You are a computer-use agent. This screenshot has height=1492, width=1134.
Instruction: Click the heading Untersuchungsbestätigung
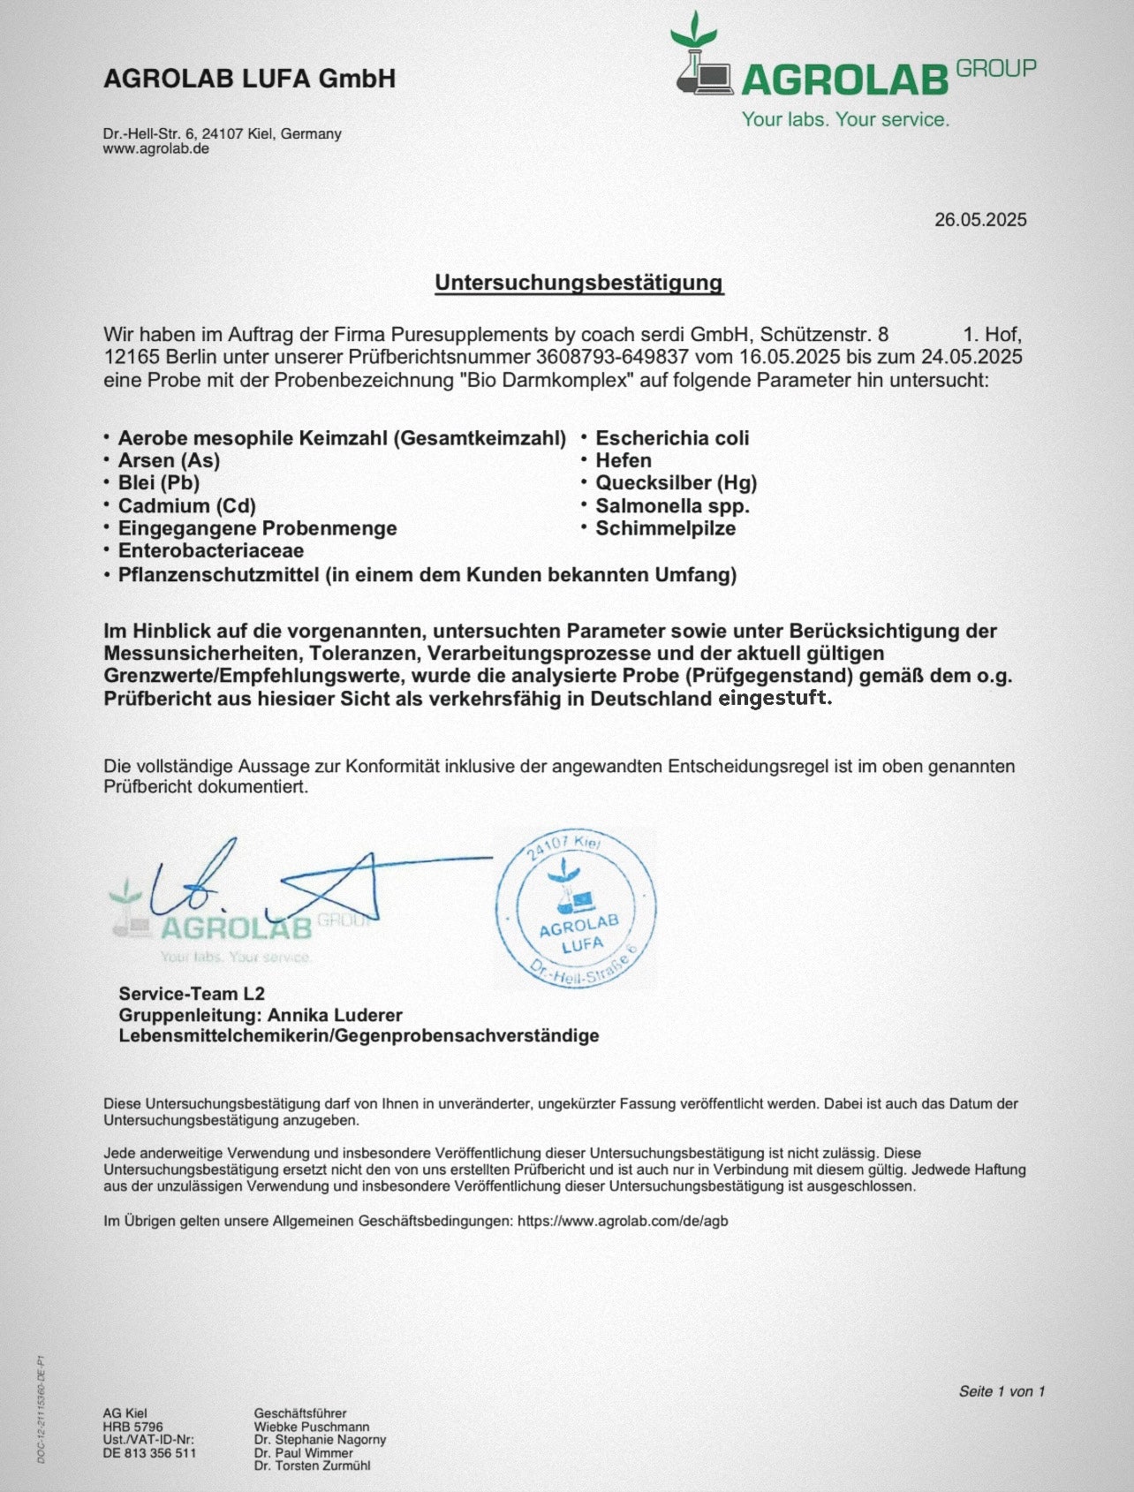[578, 283]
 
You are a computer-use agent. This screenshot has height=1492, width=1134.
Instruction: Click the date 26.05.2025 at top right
[980, 220]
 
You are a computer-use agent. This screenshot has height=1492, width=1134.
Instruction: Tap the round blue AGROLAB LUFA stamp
[576, 910]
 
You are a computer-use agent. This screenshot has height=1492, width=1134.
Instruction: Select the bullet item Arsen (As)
[169, 460]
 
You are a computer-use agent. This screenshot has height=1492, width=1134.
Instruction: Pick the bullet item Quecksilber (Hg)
[676, 483]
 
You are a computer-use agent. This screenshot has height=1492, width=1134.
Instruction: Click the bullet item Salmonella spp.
[672, 506]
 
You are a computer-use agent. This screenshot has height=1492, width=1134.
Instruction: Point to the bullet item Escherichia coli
[672, 438]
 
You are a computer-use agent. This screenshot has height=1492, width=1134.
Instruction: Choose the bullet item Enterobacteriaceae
[210, 551]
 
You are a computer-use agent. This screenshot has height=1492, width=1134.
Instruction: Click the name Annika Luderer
[335, 1015]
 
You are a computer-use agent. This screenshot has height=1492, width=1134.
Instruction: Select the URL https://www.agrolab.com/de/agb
[623, 1221]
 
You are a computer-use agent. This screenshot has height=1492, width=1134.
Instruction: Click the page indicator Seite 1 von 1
[1002, 1391]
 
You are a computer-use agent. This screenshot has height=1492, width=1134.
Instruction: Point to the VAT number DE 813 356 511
[149, 1453]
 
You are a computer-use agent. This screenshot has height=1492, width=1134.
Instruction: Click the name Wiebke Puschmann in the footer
[312, 1427]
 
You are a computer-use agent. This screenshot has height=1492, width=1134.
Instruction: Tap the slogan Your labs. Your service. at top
[845, 119]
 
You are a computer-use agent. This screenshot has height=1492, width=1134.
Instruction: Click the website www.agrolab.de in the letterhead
[156, 148]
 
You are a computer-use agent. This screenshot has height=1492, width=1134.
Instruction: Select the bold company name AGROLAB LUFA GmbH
[249, 79]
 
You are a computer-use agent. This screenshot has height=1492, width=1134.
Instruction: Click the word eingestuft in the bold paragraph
[775, 698]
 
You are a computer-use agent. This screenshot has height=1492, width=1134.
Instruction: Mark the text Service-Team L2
[192, 994]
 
